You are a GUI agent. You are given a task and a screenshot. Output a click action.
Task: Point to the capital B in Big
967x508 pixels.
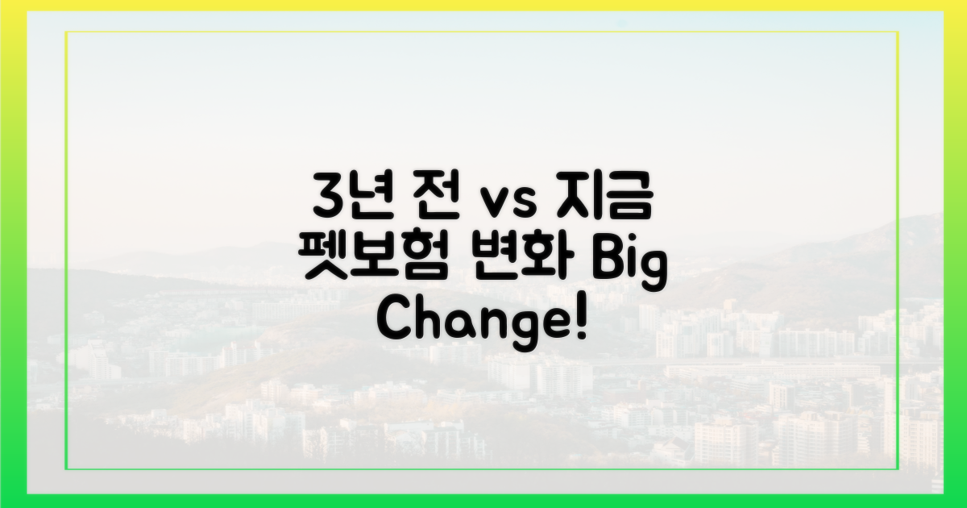607,261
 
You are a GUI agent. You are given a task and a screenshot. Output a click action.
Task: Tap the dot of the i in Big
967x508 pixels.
631,247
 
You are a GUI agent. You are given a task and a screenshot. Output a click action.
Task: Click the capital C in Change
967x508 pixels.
395,323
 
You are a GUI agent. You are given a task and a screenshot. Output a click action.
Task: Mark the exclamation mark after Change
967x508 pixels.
580,323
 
